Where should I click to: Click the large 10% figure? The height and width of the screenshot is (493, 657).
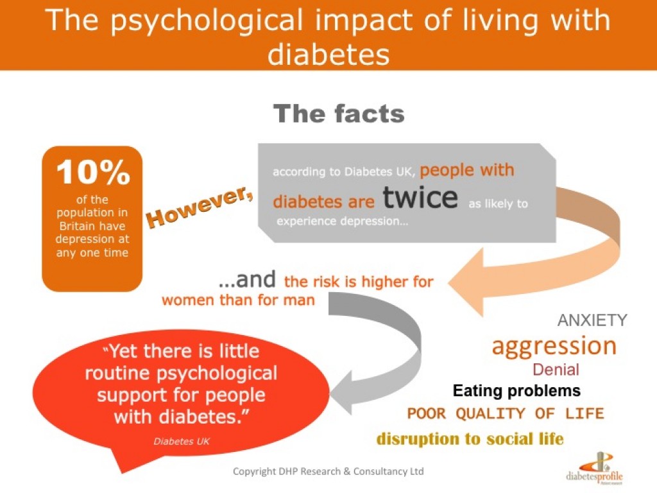point(92,173)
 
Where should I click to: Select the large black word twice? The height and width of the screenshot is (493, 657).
point(420,198)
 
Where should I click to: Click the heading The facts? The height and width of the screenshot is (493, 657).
point(339,114)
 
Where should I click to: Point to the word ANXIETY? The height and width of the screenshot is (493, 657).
point(592,320)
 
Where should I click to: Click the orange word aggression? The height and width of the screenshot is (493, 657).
point(554,347)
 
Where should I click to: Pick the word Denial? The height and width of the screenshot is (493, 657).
point(556,370)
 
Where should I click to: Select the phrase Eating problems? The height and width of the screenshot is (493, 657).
point(516,390)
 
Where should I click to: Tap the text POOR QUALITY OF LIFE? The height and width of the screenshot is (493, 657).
point(506,413)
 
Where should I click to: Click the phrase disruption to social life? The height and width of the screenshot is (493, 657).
point(470,439)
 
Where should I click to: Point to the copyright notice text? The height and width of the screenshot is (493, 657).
point(328,471)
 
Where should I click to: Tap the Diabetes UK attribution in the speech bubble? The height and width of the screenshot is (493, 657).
point(182,441)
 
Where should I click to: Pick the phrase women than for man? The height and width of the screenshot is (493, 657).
point(238,300)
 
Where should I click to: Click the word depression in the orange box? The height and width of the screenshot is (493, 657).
point(92,239)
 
